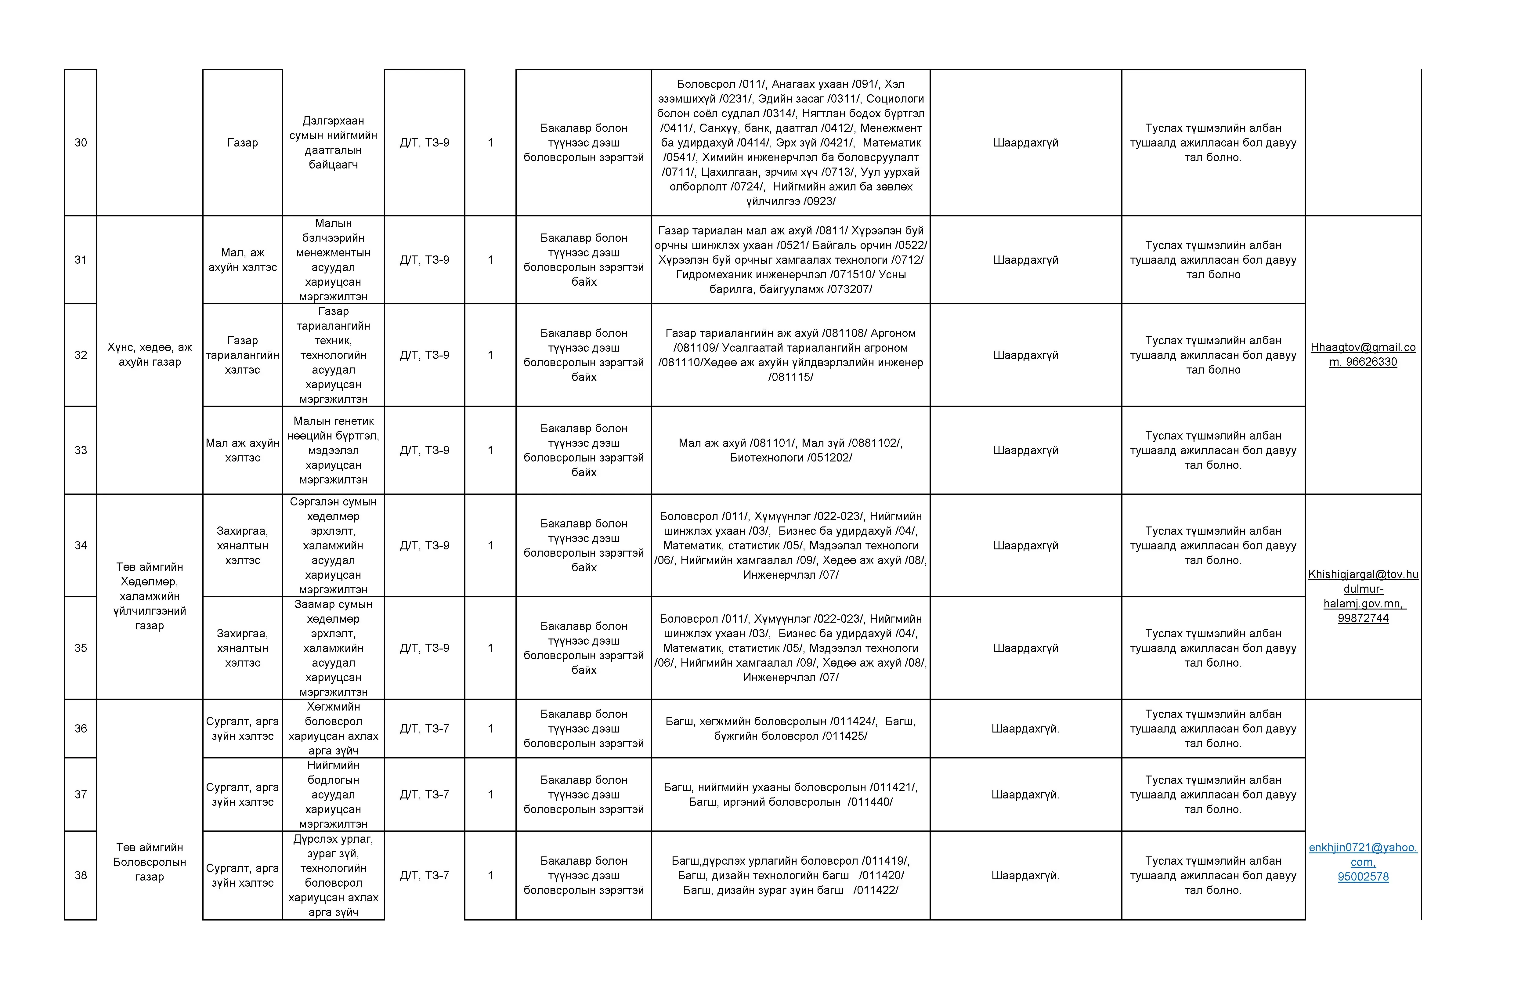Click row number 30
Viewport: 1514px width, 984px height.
coord(81,143)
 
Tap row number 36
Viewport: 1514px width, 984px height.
coord(81,728)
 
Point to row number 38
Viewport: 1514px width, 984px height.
coord(81,875)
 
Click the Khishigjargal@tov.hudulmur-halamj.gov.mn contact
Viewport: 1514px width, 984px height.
coord(1363,596)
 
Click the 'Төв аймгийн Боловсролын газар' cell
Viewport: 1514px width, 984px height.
coord(150,862)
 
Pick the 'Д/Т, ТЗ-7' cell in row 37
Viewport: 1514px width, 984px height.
coord(424,794)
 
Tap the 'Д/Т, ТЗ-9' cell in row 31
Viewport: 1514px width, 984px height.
coord(424,259)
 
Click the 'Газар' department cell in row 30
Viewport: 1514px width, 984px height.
coord(242,143)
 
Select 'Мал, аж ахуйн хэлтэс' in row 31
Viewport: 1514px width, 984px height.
coord(242,259)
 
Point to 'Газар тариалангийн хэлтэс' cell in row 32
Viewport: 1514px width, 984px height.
coord(242,355)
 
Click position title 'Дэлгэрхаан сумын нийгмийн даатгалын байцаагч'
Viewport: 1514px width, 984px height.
coord(333,143)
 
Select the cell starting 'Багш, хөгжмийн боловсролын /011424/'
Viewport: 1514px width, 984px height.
coord(790,728)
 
